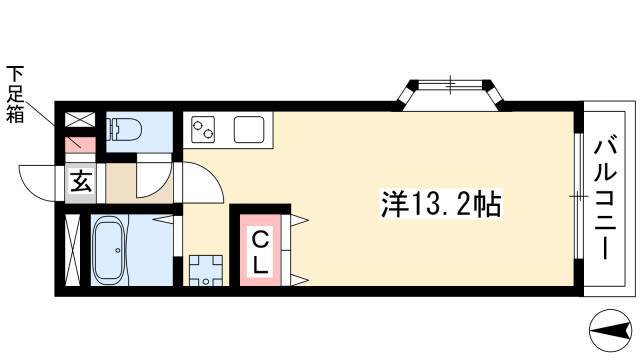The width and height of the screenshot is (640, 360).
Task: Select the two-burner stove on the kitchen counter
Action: (x=203, y=130)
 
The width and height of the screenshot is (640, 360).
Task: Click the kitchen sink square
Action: (x=249, y=130)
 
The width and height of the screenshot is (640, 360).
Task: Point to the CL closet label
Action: (x=260, y=253)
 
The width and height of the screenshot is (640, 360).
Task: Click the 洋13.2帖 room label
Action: (x=441, y=204)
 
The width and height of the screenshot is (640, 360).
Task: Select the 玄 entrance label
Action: (x=81, y=182)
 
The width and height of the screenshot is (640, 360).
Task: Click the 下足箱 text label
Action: (x=15, y=94)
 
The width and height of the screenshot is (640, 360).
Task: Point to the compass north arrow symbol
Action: (x=609, y=330)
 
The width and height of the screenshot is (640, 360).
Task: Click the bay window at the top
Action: (x=451, y=92)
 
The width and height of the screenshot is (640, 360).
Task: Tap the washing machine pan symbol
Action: (x=206, y=270)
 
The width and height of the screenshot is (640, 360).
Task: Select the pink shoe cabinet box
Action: (x=80, y=144)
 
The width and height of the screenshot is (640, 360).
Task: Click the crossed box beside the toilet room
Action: (x=80, y=120)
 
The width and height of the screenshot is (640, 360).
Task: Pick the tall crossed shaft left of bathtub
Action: (x=73, y=250)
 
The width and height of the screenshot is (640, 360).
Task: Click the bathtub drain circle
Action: (x=118, y=250)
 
